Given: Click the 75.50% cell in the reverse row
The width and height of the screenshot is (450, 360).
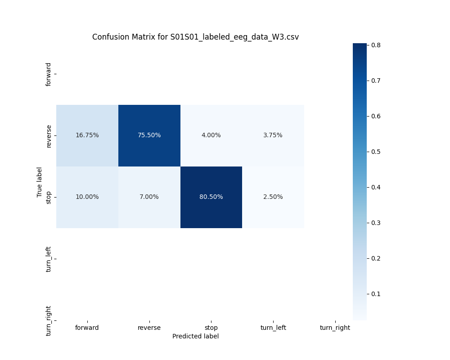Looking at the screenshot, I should (x=149, y=135).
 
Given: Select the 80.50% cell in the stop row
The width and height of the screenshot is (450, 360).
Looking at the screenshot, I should (x=211, y=197).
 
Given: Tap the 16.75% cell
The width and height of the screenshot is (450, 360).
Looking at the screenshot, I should (x=87, y=135).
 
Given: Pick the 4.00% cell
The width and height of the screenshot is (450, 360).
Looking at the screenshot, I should (x=211, y=135).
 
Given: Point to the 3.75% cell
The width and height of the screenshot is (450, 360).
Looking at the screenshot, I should (x=273, y=135).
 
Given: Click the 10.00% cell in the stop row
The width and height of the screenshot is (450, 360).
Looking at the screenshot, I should (x=87, y=197).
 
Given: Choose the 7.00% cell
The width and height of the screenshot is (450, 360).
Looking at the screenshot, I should (x=149, y=197).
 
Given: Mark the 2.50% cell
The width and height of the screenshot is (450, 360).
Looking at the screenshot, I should (x=273, y=197).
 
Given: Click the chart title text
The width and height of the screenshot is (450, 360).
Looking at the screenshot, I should (x=195, y=37).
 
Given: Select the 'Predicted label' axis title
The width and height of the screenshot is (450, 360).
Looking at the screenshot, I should (x=195, y=336).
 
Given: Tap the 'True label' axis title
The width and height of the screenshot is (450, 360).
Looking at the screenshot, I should (x=40, y=182).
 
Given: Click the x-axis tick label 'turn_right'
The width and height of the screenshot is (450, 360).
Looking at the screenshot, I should (x=335, y=328).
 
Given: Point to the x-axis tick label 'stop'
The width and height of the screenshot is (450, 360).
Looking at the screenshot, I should (x=211, y=328).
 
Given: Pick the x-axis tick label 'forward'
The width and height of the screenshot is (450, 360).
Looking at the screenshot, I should (x=87, y=328).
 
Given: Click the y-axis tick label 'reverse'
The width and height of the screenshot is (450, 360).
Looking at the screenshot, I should (x=49, y=135).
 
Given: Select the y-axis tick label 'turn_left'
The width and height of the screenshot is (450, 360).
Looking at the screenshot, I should (x=49, y=259).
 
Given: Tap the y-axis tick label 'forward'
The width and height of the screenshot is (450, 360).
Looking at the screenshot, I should (x=49, y=74).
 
